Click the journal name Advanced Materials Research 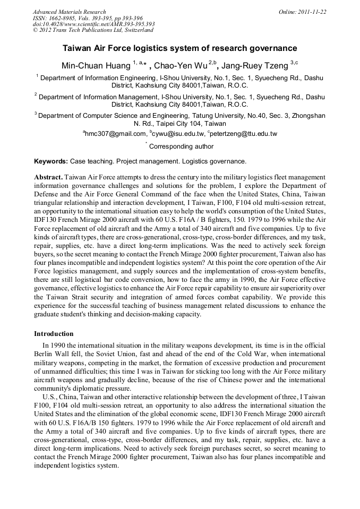(69, 12)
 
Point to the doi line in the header (93, 24)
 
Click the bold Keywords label (51, 161)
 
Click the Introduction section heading (54, 334)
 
